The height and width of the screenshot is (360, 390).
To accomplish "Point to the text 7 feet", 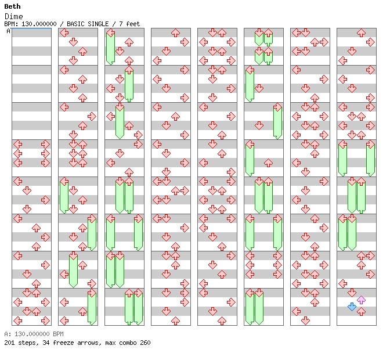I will [x=129, y=24].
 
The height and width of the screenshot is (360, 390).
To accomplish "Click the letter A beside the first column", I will [x=9, y=31].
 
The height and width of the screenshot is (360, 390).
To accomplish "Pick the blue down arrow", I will [x=352, y=307].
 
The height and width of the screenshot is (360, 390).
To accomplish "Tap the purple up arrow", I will [x=361, y=300].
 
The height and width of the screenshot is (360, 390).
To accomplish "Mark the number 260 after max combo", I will [x=145, y=343].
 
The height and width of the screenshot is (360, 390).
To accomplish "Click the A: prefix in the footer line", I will [x=7, y=334].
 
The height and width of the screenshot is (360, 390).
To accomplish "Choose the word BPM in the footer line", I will [x=57, y=334].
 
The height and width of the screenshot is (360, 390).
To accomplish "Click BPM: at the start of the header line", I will [x=11, y=24].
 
